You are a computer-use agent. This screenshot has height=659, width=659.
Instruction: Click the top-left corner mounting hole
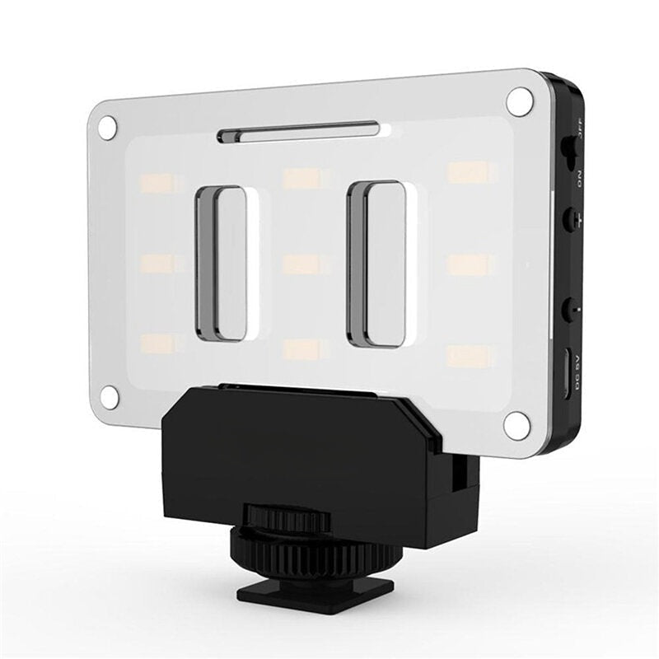point(107,126)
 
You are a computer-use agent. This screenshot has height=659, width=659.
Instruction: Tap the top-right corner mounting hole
point(519,101)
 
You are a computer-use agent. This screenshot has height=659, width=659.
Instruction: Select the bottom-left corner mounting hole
point(109,396)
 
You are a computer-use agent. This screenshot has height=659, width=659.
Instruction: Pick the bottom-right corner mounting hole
point(516,425)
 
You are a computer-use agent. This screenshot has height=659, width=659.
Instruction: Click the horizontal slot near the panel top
point(298,132)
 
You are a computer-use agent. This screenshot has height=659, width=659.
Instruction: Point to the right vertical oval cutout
point(377,264)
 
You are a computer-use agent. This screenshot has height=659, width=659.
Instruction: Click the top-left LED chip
point(157,183)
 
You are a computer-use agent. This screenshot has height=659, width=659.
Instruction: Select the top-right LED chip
point(472,172)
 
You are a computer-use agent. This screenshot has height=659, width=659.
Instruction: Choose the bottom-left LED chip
point(158,343)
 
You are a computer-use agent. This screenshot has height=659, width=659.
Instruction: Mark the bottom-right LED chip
point(470,356)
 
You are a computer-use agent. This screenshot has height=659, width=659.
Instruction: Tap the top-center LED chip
point(301,179)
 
